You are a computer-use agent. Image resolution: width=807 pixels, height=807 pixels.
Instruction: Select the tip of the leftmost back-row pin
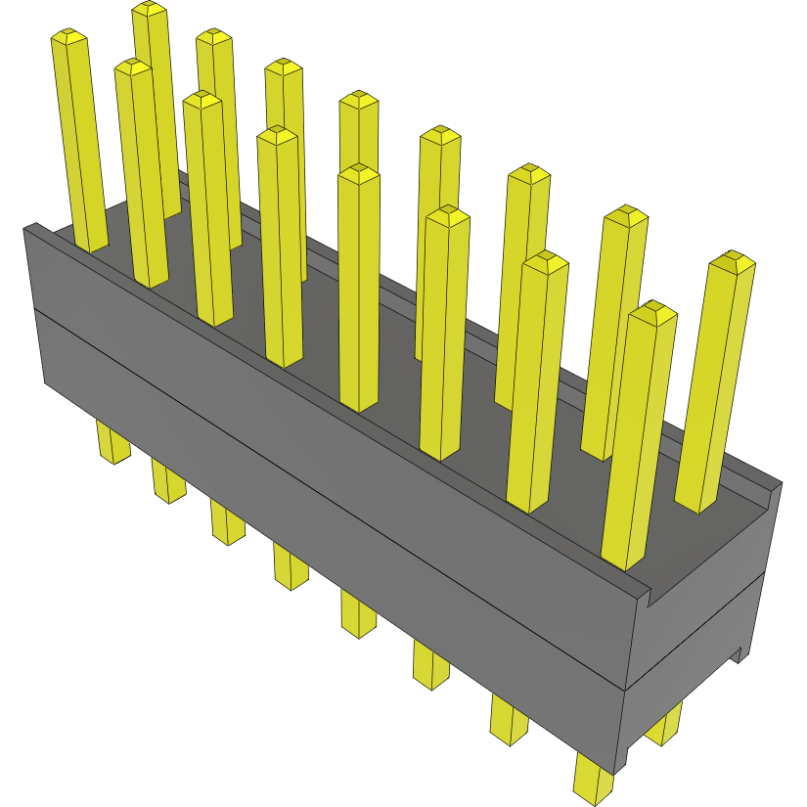(x=149, y=9)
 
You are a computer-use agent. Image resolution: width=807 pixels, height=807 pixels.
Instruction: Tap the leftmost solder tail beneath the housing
(x=112, y=440)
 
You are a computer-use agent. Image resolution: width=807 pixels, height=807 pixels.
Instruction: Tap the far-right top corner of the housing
(x=780, y=482)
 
